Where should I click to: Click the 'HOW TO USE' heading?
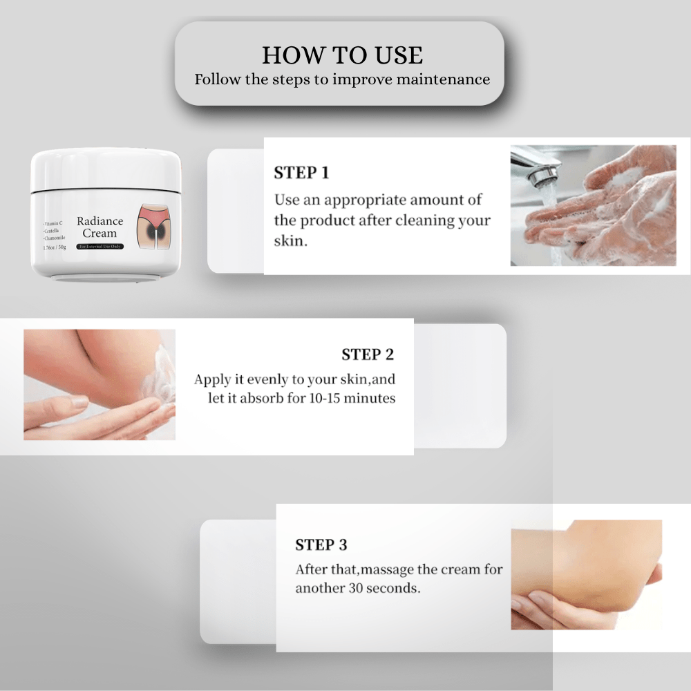[342, 55]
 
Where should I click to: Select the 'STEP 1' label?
[301, 173]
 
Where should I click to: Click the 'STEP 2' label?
[368, 355]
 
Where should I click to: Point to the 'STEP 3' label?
[321, 545]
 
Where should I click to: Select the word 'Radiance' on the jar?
[100, 222]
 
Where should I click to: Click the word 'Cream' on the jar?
[100, 234]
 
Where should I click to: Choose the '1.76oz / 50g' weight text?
[54, 247]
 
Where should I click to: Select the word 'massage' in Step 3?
[384, 571]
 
